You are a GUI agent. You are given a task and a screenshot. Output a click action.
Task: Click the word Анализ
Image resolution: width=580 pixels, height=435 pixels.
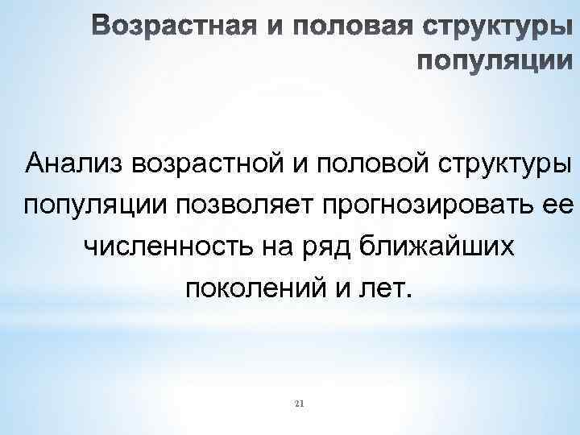click(74, 164)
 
